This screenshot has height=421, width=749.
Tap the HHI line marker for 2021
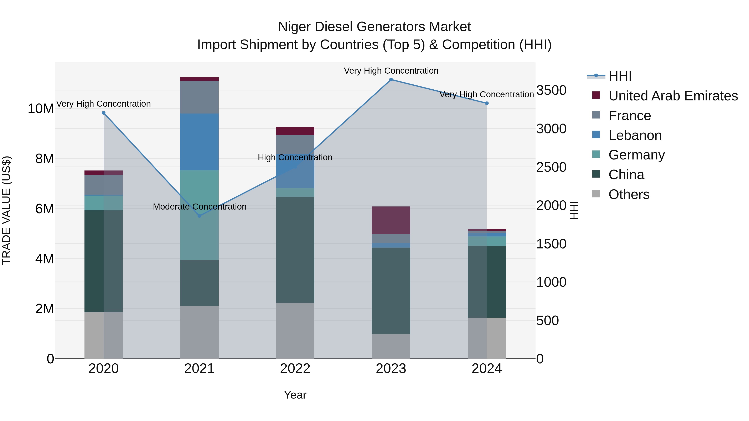click(200, 216)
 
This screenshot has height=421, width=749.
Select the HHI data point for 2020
click(104, 113)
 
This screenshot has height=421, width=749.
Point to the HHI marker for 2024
click(487, 104)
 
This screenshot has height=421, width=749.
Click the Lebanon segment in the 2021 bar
click(200, 142)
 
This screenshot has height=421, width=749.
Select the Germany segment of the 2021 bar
click(200, 215)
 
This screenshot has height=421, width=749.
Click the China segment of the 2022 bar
click(295, 250)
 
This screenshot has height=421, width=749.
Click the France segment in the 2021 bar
click(200, 97)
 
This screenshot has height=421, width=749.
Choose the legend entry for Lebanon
click(635, 135)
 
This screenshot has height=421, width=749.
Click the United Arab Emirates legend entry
click(673, 96)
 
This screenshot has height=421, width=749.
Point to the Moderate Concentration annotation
click(200, 207)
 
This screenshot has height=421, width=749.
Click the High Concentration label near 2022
click(295, 157)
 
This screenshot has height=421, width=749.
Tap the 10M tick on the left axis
click(41, 109)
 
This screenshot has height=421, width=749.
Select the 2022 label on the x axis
click(295, 369)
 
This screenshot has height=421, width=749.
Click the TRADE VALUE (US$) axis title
click(6, 210)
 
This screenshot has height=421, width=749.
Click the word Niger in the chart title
click(295, 27)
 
